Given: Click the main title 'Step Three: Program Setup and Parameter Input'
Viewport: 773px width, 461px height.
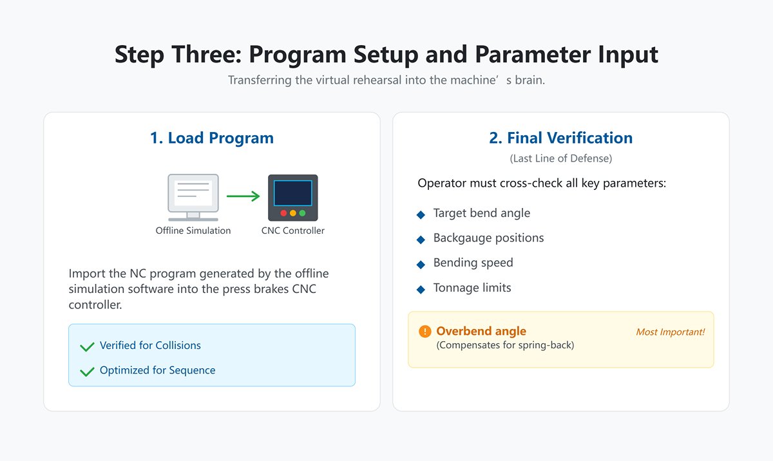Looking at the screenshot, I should [x=386, y=54].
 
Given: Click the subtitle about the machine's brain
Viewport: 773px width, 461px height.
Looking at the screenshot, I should [x=386, y=81].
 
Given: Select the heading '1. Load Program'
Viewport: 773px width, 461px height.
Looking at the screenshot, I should [x=212, y=138].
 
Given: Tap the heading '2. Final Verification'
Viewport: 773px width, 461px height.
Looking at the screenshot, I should [x=560, y=138].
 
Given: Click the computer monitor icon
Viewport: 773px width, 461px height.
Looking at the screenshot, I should [x=193, y=197].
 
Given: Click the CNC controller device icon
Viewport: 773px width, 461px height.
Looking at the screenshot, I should [x=293, y=198].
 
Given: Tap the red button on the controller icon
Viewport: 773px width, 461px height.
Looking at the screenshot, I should [x=283, y=212].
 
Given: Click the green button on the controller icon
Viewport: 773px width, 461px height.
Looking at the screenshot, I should [x=302, y=212].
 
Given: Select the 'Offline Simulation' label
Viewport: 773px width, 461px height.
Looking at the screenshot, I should [x=193, y=230].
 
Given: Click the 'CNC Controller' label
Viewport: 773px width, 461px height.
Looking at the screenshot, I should [x=293, y=230].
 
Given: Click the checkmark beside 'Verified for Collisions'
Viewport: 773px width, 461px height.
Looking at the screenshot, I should [x=87, y=346].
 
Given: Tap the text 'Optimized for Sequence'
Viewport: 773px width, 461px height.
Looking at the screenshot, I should [x=157, y=370].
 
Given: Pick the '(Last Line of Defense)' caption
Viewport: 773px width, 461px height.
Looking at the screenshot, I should [x=560, y=158].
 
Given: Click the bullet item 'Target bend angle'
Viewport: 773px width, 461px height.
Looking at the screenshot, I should [x=482, y=213].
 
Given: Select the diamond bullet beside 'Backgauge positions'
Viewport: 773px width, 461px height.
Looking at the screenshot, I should [x=421, y=240].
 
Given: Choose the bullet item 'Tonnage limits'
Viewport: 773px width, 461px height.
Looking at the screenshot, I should [x=472, y=288].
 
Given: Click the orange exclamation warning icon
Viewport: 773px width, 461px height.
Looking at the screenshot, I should [x=425, y=332].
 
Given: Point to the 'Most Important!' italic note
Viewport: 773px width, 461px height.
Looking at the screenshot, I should [x=670, y=332].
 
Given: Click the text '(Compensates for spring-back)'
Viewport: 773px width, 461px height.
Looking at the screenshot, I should [x=505, y=345].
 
